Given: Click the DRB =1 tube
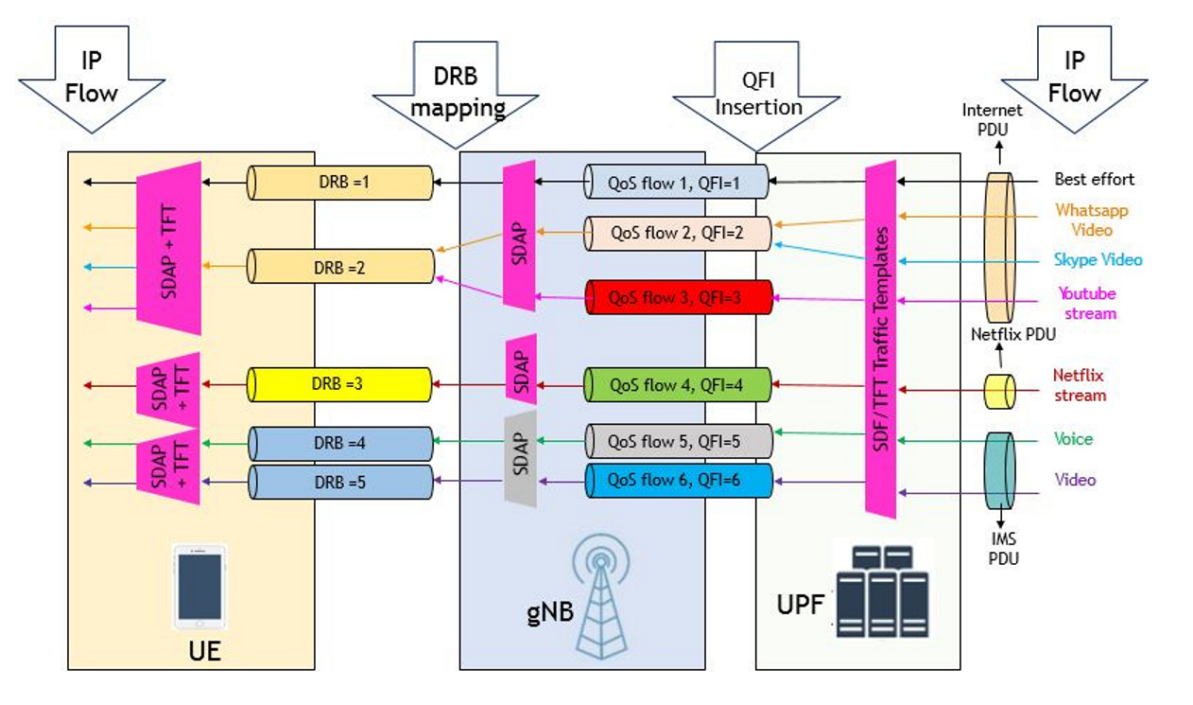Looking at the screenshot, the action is pyautogui.click(x=340, y=183).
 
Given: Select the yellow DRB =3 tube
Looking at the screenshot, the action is pyautogui.click(x=339, y=384).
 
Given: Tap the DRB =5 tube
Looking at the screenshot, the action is pyautogui.click(x=340, y=482).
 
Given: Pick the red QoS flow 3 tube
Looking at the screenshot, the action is pyautogui.click(x=679, y=297).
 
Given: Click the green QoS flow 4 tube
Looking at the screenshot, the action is pyautogui.click(x=678, y=384).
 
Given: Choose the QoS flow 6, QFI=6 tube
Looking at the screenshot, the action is pyautogui.click(x=679, y=481).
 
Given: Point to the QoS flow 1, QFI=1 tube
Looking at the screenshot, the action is pyautogui.click(x=677, y=182).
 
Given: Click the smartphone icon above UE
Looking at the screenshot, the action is pyautogui.click(x=199, y=587).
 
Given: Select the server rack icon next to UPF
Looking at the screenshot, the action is pyautogui.click(x=883, y=590).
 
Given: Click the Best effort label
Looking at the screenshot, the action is pyautogui.click(x=1094, y=179).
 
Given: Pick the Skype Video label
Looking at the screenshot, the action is pyautogui.click(x=1098, y=259).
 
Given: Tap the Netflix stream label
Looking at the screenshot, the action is pyautogui.click(x=1080, y=385).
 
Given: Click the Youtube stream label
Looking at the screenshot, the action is pyautogui.click(x=1087, y=303).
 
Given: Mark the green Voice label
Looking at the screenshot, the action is pyautogui.click(x=1073, y=439).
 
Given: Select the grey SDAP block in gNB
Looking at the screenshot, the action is pyautogui.click(x=520, y=459).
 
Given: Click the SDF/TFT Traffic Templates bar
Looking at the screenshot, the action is pyautogui.click(x=881, y=339).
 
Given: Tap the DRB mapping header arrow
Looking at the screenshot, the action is pyautogui.click(x=456, y=95).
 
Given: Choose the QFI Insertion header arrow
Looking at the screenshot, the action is pyautogui.click(x=757, y=96).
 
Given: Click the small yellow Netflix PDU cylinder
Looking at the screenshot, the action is pyautogui.click(x=999, y=392).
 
